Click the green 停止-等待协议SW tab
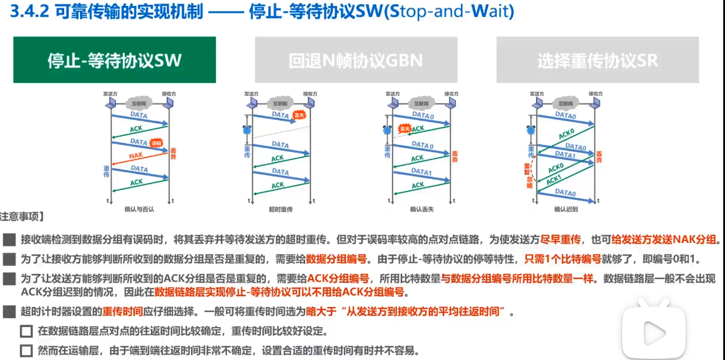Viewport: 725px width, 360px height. tap(115, 60)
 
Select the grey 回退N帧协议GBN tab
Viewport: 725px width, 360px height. tap(356, 60)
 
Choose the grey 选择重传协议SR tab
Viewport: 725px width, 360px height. tap(597, 60)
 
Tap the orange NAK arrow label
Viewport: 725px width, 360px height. tap(136, 156)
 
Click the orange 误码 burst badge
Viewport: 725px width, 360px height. tap(156, 143)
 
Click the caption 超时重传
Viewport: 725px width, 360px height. tap(281, 209)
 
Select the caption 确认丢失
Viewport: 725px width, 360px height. tap(422, 209)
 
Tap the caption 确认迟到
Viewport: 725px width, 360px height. tap(566, 209)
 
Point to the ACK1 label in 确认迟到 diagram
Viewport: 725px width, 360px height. tap(554, 180)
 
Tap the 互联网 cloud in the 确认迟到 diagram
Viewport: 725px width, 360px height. tap(565, 104)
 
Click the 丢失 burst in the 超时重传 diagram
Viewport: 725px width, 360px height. tap(299, 115)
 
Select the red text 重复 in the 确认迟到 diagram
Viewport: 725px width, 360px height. tap(528, 169)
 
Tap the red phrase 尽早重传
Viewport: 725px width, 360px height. tap(562, 240)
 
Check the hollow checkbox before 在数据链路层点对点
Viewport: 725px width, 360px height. tap(26, 331)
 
